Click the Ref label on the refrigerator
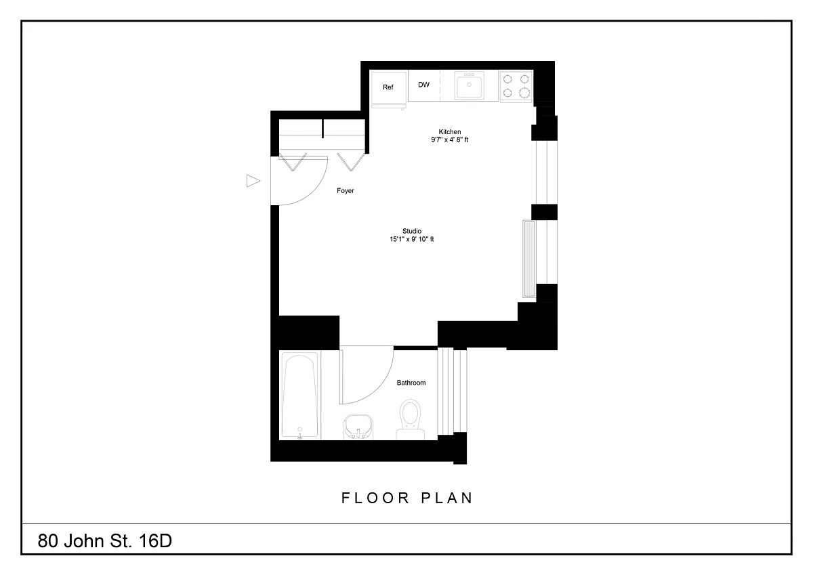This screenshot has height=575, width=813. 388,87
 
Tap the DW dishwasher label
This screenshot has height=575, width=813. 423,85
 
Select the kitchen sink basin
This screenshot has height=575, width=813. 470,85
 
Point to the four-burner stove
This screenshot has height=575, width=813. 516,86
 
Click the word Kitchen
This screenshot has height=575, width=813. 450,131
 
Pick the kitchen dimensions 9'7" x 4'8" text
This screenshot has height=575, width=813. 450,140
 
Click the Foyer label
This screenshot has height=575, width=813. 345,190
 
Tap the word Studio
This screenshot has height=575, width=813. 412,231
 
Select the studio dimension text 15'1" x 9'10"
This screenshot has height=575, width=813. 412,239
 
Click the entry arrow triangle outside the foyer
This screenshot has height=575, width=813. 253,181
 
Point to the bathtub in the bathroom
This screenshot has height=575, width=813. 299,396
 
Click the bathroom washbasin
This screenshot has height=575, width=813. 358,426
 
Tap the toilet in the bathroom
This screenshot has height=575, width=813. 411,419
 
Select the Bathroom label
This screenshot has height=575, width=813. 411,383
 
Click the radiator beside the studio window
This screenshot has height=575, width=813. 529,259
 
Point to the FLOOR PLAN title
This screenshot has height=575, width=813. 407,498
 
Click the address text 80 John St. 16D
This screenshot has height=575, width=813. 105,541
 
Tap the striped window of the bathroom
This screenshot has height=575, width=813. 453,391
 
